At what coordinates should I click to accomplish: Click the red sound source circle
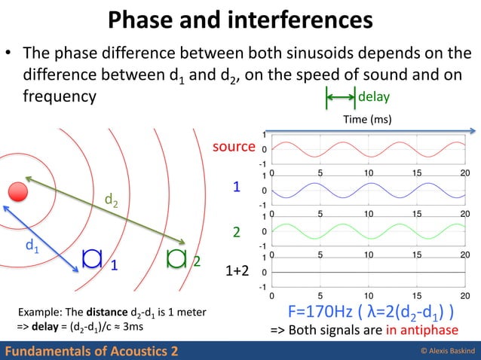point(17,191)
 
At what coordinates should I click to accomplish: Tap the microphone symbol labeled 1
point(92,258)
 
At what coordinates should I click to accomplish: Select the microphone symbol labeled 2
point(176,258)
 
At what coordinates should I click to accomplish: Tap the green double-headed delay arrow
point(340,97)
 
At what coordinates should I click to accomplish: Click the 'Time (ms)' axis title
point(366,119)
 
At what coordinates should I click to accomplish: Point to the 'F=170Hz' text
point(321,313)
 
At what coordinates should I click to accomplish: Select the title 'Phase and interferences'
point(240,20)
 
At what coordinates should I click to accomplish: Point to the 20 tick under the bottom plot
point(465,296)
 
